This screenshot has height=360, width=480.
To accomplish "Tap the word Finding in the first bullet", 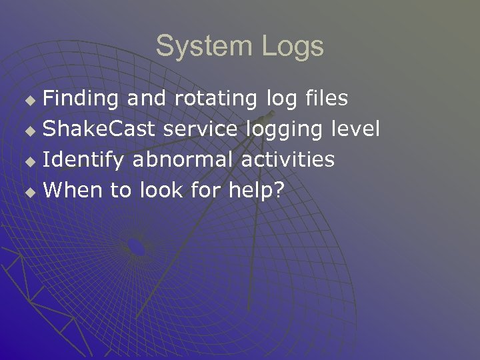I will pos(81,99).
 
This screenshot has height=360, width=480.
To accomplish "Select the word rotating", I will pos(215,99).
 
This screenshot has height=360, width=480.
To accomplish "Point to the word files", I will pos(325,99).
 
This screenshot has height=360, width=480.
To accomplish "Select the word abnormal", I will pos(183,160).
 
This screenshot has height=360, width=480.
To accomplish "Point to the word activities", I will pos(287,160).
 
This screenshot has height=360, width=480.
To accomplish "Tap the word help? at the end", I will pos(256,191).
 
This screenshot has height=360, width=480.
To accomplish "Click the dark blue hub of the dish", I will pos(136,247).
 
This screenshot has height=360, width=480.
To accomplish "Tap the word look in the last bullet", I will pos(161,191).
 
